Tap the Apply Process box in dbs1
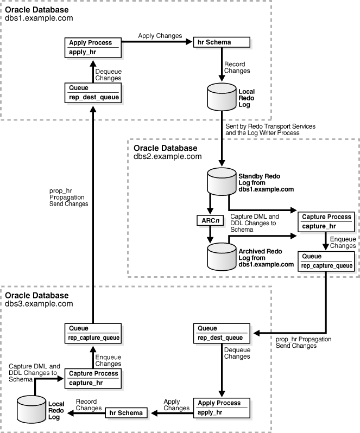click(x=91, y=47)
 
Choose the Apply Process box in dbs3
click(x=221, y=408)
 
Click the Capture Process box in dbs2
click(x=325, y=222)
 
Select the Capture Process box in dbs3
click(x=91, y=379)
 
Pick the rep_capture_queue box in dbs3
click(x=91, y=333)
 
